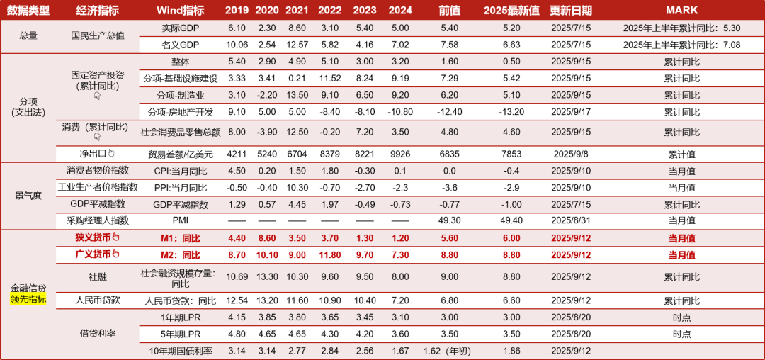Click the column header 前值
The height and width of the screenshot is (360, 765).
[x=449, y=10]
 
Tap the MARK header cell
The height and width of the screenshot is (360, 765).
[x=681, y=10]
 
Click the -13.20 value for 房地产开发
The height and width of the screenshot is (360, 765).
[x=511, y=112]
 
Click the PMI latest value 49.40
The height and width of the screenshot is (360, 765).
[x=511, y=220]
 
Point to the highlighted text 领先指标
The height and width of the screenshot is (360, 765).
[x=28, y=299]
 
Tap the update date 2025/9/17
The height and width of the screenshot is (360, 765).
[x=571, y=112]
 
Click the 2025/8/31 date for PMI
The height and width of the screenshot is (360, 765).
[x=571, y=220]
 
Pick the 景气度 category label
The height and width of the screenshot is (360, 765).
[x=28, y=196]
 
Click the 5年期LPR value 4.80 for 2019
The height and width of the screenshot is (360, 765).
[x=237, y=334]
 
